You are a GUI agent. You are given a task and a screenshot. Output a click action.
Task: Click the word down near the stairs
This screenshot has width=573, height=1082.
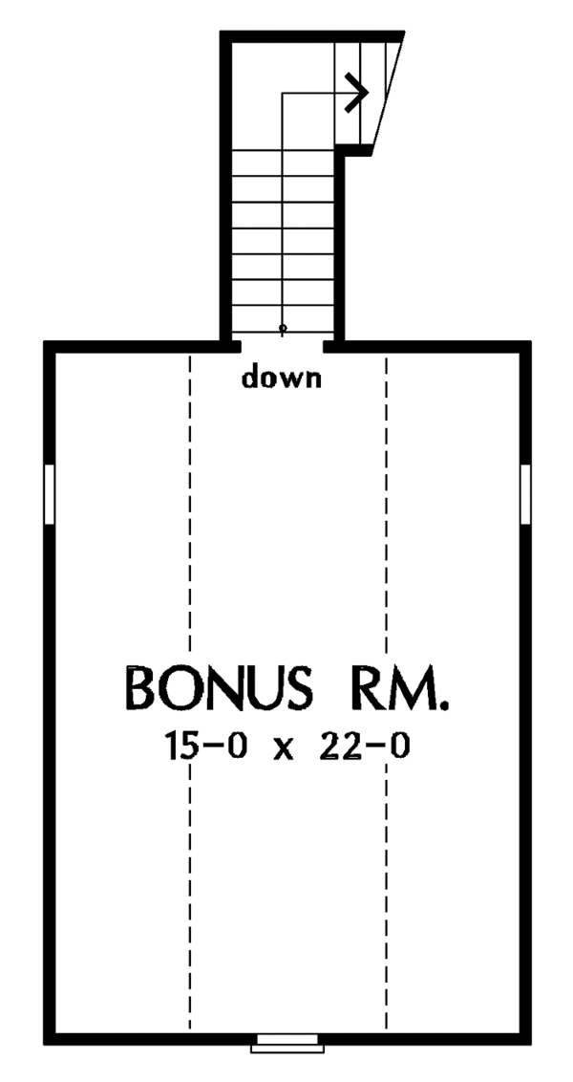282,379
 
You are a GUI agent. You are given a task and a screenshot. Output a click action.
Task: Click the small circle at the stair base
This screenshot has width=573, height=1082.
282,328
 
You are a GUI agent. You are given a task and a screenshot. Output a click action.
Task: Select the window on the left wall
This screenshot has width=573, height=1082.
49,494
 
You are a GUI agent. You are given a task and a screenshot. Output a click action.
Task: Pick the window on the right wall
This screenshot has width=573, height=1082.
524,494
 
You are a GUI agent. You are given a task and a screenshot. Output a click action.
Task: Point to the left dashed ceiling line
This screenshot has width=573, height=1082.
190,573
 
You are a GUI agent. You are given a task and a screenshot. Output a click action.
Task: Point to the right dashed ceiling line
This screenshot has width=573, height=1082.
387,573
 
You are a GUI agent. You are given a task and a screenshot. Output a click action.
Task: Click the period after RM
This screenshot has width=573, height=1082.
441,705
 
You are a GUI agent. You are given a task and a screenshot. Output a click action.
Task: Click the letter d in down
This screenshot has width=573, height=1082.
251,379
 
